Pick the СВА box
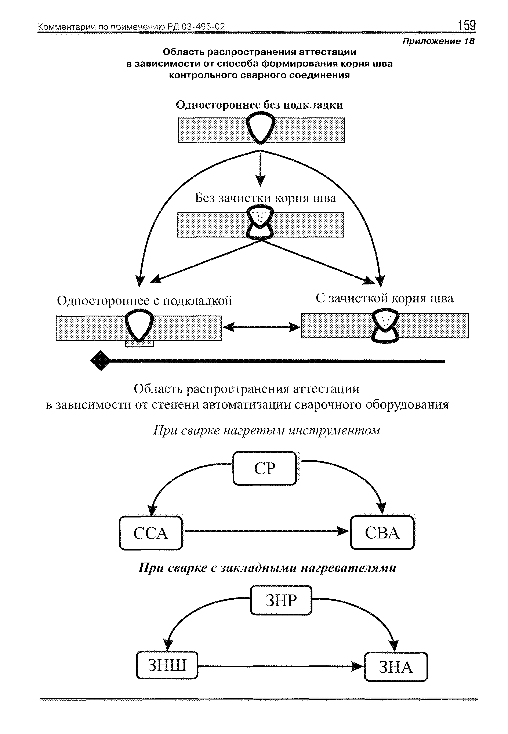click(382, 533)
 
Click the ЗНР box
click(281, 600)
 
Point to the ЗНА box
click(396, 667)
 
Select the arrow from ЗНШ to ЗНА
click(280, 666)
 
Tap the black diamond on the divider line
click(100, 361)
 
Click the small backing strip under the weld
click(139, 344)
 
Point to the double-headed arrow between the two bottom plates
click(261, 327)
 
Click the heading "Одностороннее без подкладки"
click(260, 105)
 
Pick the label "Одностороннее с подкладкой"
click(145, 301)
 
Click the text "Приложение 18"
click(438, 41)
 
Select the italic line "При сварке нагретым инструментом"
click(266, 430)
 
